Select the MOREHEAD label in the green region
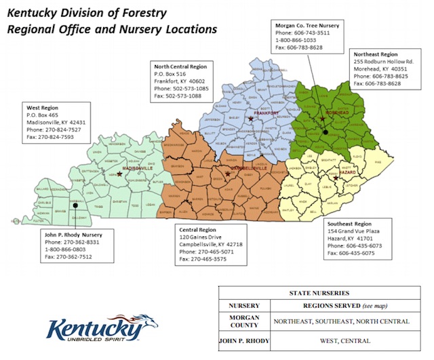328,114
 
